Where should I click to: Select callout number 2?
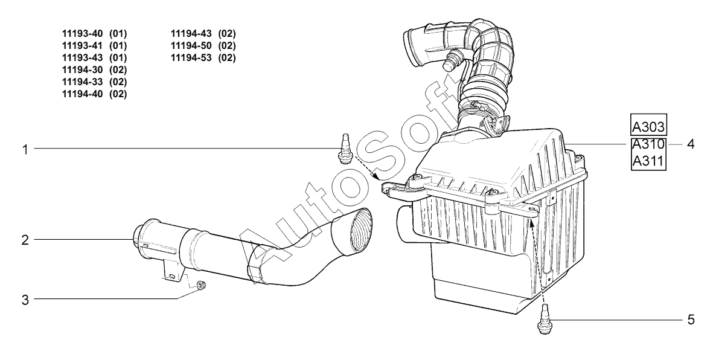25,240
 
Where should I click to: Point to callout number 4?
690,145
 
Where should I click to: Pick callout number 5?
690,320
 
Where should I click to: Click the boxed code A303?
648,127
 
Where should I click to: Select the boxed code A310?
648,145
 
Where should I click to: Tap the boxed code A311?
648,162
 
